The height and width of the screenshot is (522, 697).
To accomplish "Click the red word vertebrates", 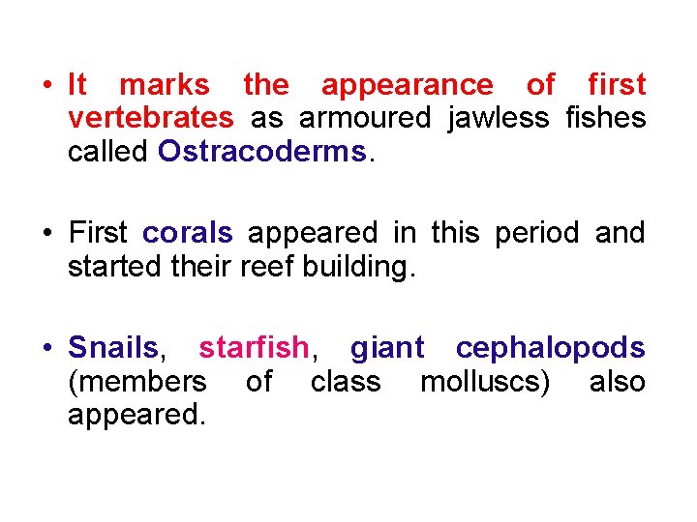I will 150,118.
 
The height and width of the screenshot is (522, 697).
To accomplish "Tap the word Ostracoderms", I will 261,152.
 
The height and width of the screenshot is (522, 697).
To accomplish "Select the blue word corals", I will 187,233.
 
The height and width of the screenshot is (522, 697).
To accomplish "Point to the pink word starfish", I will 254,347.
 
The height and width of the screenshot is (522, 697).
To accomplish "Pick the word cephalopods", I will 550,347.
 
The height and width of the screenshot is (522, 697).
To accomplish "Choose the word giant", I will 387,347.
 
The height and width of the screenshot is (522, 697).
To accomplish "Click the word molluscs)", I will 485,382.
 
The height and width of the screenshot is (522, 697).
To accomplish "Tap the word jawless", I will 490,118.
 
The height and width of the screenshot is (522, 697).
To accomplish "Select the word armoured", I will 365,118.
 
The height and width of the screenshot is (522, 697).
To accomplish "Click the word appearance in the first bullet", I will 407,85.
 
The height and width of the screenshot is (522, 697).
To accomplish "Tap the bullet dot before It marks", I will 46,85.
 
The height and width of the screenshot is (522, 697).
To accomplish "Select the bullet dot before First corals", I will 46,233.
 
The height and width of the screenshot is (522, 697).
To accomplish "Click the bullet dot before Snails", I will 46,347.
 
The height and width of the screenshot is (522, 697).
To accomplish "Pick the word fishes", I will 603,118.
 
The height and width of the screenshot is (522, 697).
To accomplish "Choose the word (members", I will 136,382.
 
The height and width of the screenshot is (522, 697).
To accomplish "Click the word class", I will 346,382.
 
